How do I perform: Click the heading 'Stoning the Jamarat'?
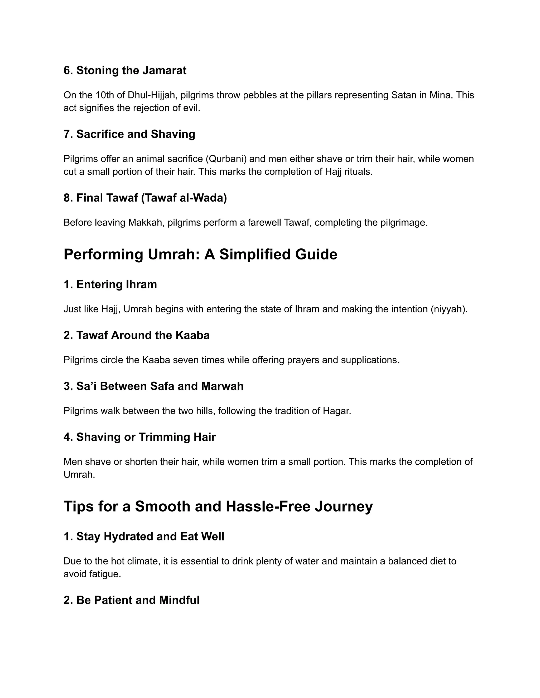tap(125, 70)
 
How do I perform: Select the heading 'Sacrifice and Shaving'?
tap(129, 134)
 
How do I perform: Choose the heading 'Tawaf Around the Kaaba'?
tap(137, 335)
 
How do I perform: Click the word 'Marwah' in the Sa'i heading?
tap(222, 386)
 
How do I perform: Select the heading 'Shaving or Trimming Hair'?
tap(139, 437)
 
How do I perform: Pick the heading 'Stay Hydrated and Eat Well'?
tap(144, 536)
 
